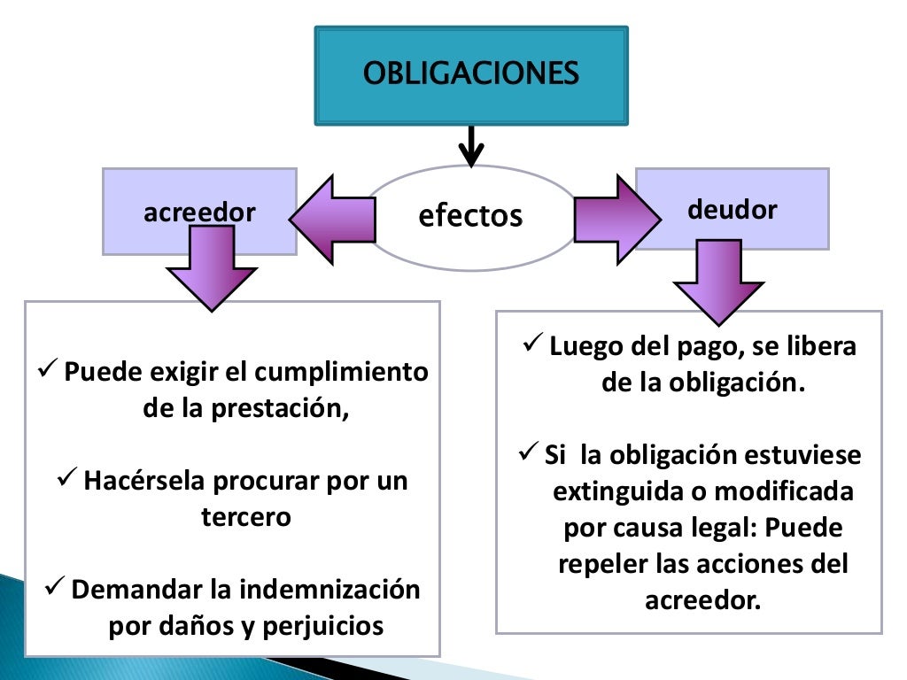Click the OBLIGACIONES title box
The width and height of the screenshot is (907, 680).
click(x=471, y=74)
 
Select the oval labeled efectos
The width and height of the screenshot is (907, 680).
click(x=470, y=216)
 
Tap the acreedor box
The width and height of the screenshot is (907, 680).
click(x=199, y=212)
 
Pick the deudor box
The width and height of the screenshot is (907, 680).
click(x=733, y=210)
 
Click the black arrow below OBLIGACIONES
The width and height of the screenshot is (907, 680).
click(x=471, y=146)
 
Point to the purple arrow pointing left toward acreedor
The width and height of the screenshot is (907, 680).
click(x=332, y=219)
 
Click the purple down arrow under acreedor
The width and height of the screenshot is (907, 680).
click(x=212, y=270)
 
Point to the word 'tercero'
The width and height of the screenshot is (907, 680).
click(x=246, y=517)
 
